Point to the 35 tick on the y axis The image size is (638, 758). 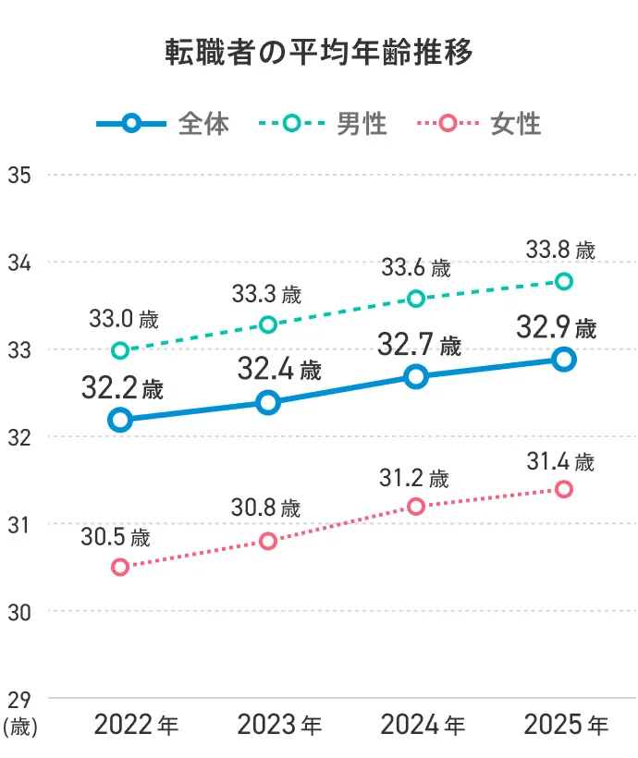point(19,175)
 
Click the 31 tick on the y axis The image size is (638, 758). point(19,524)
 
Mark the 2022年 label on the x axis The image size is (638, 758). point(136,726)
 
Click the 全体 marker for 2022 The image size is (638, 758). point(119,420)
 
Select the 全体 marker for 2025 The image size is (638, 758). point(563,360)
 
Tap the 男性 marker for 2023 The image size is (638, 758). point(268,324)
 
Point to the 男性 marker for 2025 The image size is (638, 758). point(563,281)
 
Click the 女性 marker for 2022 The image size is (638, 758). point(119,567)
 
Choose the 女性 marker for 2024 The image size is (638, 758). point(416,507)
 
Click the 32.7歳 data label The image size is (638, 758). point(419,348)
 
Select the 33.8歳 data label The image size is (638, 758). point(560,250)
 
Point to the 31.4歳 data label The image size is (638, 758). point(560,460)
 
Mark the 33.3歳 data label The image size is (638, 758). point(266,295)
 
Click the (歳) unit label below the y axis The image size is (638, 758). point(19,727)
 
